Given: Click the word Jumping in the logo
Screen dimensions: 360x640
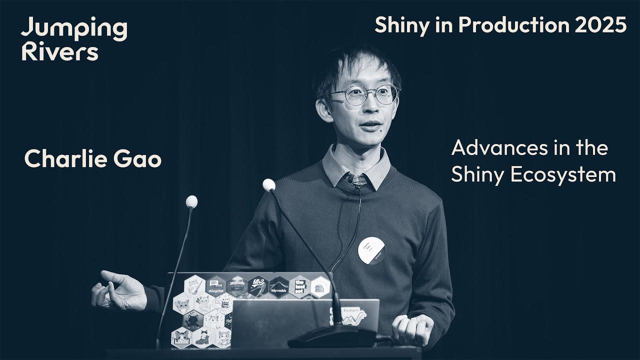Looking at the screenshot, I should click(x=74, y=29).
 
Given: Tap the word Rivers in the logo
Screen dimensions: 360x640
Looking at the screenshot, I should click(x=59, y=52).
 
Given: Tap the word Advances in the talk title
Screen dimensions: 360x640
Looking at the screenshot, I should click(x=496, y=148).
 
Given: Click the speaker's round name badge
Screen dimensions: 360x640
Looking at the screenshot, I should click(x=371, y=250).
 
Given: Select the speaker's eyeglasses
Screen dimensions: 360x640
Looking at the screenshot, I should click(x=364, y=94).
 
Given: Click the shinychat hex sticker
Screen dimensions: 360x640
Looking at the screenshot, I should click(x=216, y=286).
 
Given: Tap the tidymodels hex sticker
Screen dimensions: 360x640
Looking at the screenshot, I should click(x=278, y=287).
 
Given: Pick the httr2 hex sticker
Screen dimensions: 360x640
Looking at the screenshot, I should click(x=257, y=286).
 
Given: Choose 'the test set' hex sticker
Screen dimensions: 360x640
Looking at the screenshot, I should click(x=299, y=286).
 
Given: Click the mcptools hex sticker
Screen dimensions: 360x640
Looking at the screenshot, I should click(x=237, y=286).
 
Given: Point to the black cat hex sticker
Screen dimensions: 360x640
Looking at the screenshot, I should click(x=192, y=320).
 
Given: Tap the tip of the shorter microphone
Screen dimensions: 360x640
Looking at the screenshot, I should click(x=191, y=201).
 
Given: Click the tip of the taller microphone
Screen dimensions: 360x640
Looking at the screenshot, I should click(x=268, y=185).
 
